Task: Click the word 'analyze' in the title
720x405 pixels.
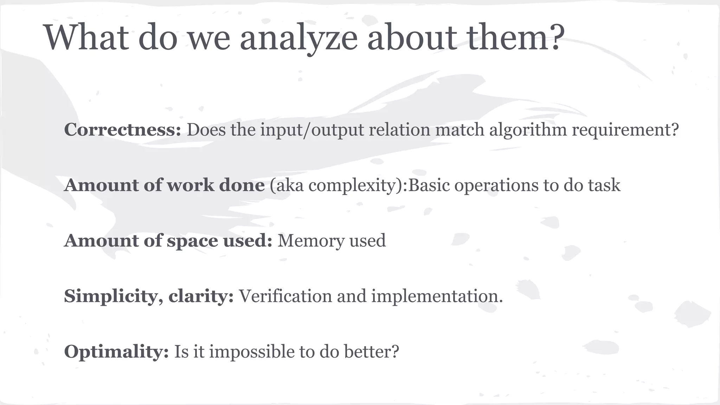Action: pos(298,38)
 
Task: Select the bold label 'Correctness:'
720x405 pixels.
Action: pos(122,129)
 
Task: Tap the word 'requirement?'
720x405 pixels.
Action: pos(625,130)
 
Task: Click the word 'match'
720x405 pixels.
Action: pos(459,129)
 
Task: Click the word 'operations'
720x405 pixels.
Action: pos(496,186)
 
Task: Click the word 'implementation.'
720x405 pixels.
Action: pos(437,296)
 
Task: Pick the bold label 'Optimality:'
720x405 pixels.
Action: pos(116,352)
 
